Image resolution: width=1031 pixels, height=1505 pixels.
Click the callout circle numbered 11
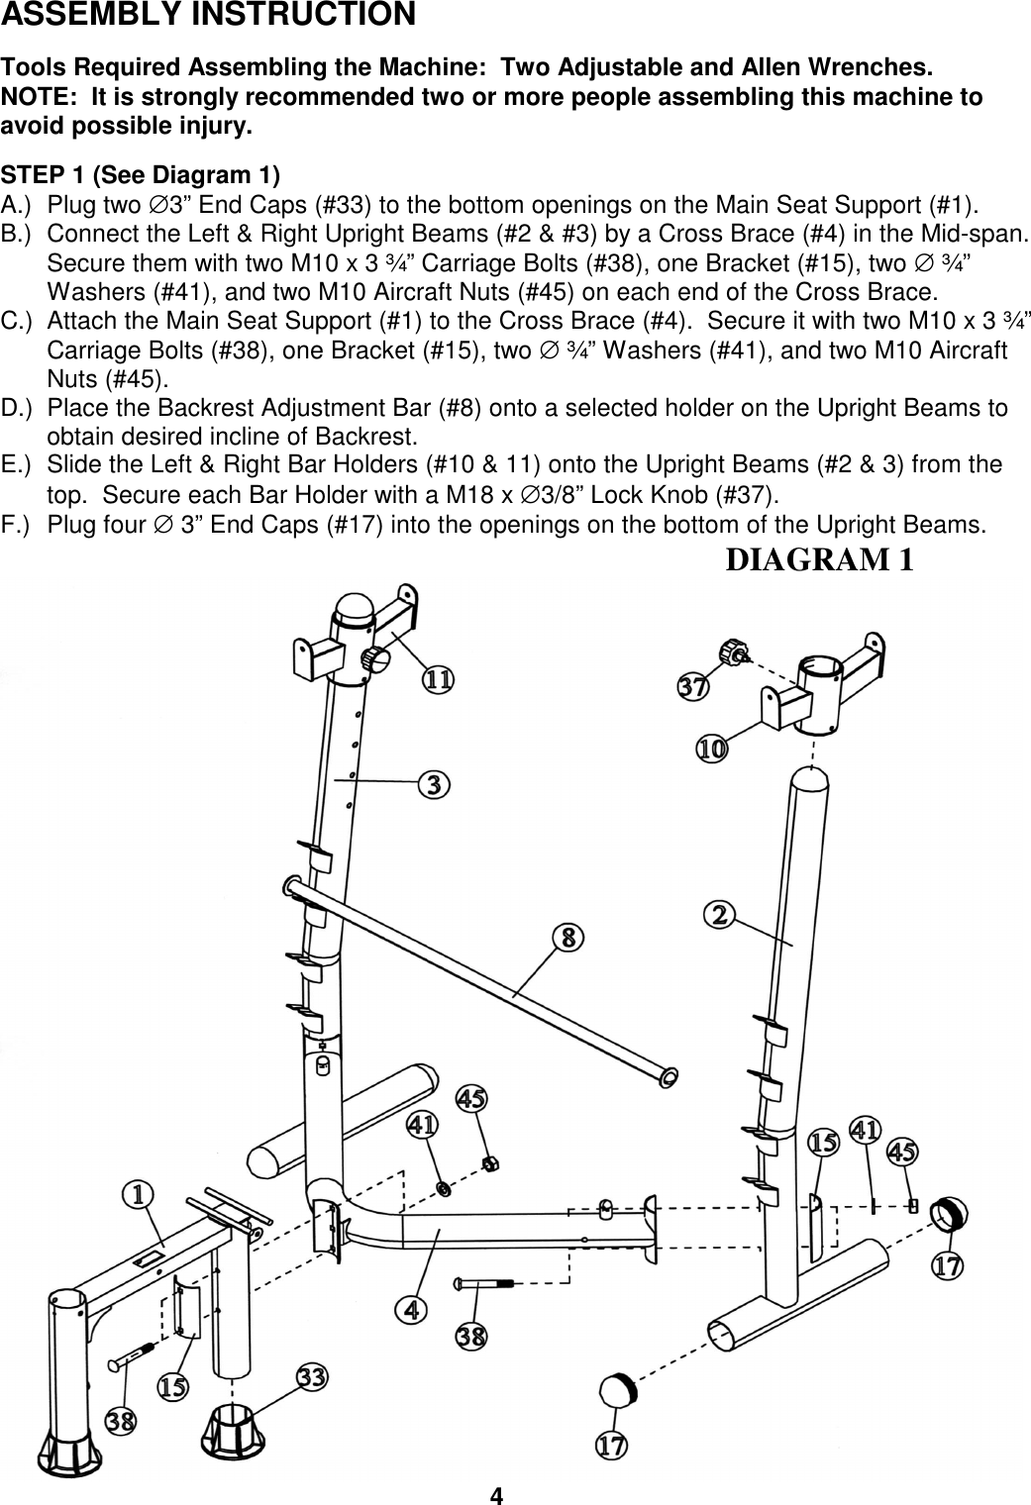[x=439, y=680]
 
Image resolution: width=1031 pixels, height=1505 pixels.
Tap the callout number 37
[x=692, y=687]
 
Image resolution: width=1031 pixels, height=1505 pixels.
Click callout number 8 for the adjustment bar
[x=567, y=937]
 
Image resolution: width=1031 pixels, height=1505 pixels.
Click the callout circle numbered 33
[x=313, y=1377]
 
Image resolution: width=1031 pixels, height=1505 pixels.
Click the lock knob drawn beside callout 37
[x=733, y=652]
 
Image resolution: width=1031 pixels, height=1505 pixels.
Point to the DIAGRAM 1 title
[x=819, y=559]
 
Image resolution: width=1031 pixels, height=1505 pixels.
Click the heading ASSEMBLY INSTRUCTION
[x=208, y=16]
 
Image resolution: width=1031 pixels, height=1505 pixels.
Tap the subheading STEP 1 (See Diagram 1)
[x=141, y=175]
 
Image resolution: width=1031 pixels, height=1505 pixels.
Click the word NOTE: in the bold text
[x=37, y=98]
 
